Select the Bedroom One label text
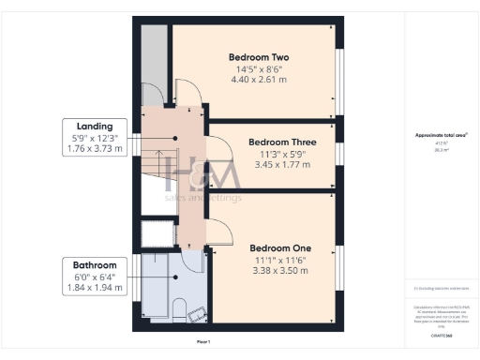click(x=280, y=248)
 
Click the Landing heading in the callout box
click(x=96, y=127)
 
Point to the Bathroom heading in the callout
click(x=95, y=265)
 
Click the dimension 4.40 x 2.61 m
click(x=259, y=79)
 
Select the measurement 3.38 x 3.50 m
click(x=280, y=271)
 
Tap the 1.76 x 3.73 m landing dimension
click(x=96, y=148)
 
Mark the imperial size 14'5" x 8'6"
click(x=259, y=68)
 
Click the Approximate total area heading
click(x=440, y=135)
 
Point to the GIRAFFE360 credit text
click(x=440, y=334)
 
